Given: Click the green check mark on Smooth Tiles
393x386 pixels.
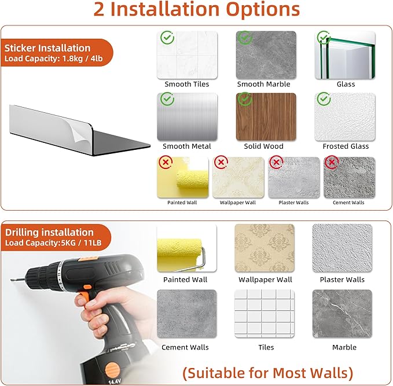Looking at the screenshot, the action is (x=167, y=38).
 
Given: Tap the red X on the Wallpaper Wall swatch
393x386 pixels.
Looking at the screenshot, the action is (x=221, y=162).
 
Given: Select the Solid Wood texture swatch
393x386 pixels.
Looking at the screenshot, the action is (x=266, y=116).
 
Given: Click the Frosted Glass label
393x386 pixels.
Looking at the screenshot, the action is (x=346, y=146).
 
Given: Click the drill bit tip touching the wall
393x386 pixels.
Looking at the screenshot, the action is (x=11, y=280).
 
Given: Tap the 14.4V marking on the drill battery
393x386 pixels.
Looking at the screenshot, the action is (x=115, y=382).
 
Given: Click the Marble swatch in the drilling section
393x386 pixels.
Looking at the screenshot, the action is (x=343, y=314).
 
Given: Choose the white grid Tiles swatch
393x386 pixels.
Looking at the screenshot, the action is (x=265, y=314).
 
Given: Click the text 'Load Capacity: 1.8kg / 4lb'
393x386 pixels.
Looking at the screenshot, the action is (x=54, y=58).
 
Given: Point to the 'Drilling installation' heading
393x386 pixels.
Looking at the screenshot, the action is (x=49, y=232).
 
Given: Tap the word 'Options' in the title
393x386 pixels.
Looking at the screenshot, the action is (x=263, y=9).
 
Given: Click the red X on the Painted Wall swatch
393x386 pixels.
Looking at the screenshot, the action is (x=166, y=162).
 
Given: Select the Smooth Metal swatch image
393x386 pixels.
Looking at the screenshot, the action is (x=187, y=116).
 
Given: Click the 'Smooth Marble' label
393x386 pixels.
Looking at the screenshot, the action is (x=264, y=84).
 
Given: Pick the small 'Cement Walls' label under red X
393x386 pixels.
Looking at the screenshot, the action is (x=348, y=203).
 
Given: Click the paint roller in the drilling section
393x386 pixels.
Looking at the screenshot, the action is (x=181, y=255).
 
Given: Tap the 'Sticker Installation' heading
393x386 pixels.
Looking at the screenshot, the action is (x=47, y=48).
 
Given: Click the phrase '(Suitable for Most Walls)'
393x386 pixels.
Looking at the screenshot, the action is (x=267, y=373).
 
